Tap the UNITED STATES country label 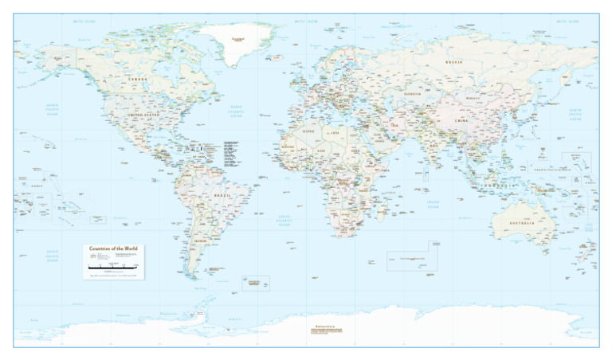pos(144,115)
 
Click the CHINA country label pos(462,120)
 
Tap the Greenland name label pos(237,38)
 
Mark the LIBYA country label pos(335,133)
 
